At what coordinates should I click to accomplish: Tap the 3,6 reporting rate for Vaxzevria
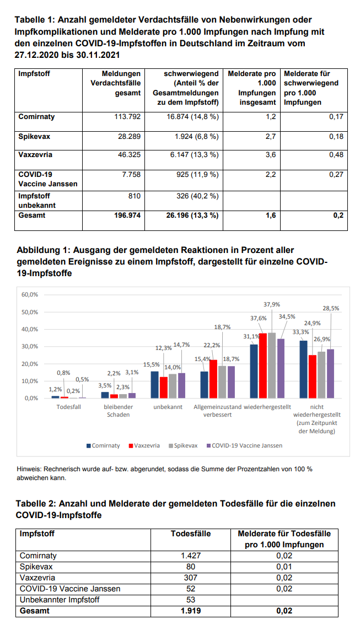(x=271, y=155)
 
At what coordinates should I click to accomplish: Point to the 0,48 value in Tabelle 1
(x=335, y=155)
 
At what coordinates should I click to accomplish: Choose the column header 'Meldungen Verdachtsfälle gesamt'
(x=115, y=83)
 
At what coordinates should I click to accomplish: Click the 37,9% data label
(x=271, y=304)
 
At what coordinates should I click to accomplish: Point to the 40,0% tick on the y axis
(x=30, y=329)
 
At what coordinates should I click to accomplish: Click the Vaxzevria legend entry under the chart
(x=145, y=445)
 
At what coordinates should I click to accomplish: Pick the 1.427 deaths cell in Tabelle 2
(x=191, y=556)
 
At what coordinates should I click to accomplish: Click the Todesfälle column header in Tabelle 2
(x=191, y=534)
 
